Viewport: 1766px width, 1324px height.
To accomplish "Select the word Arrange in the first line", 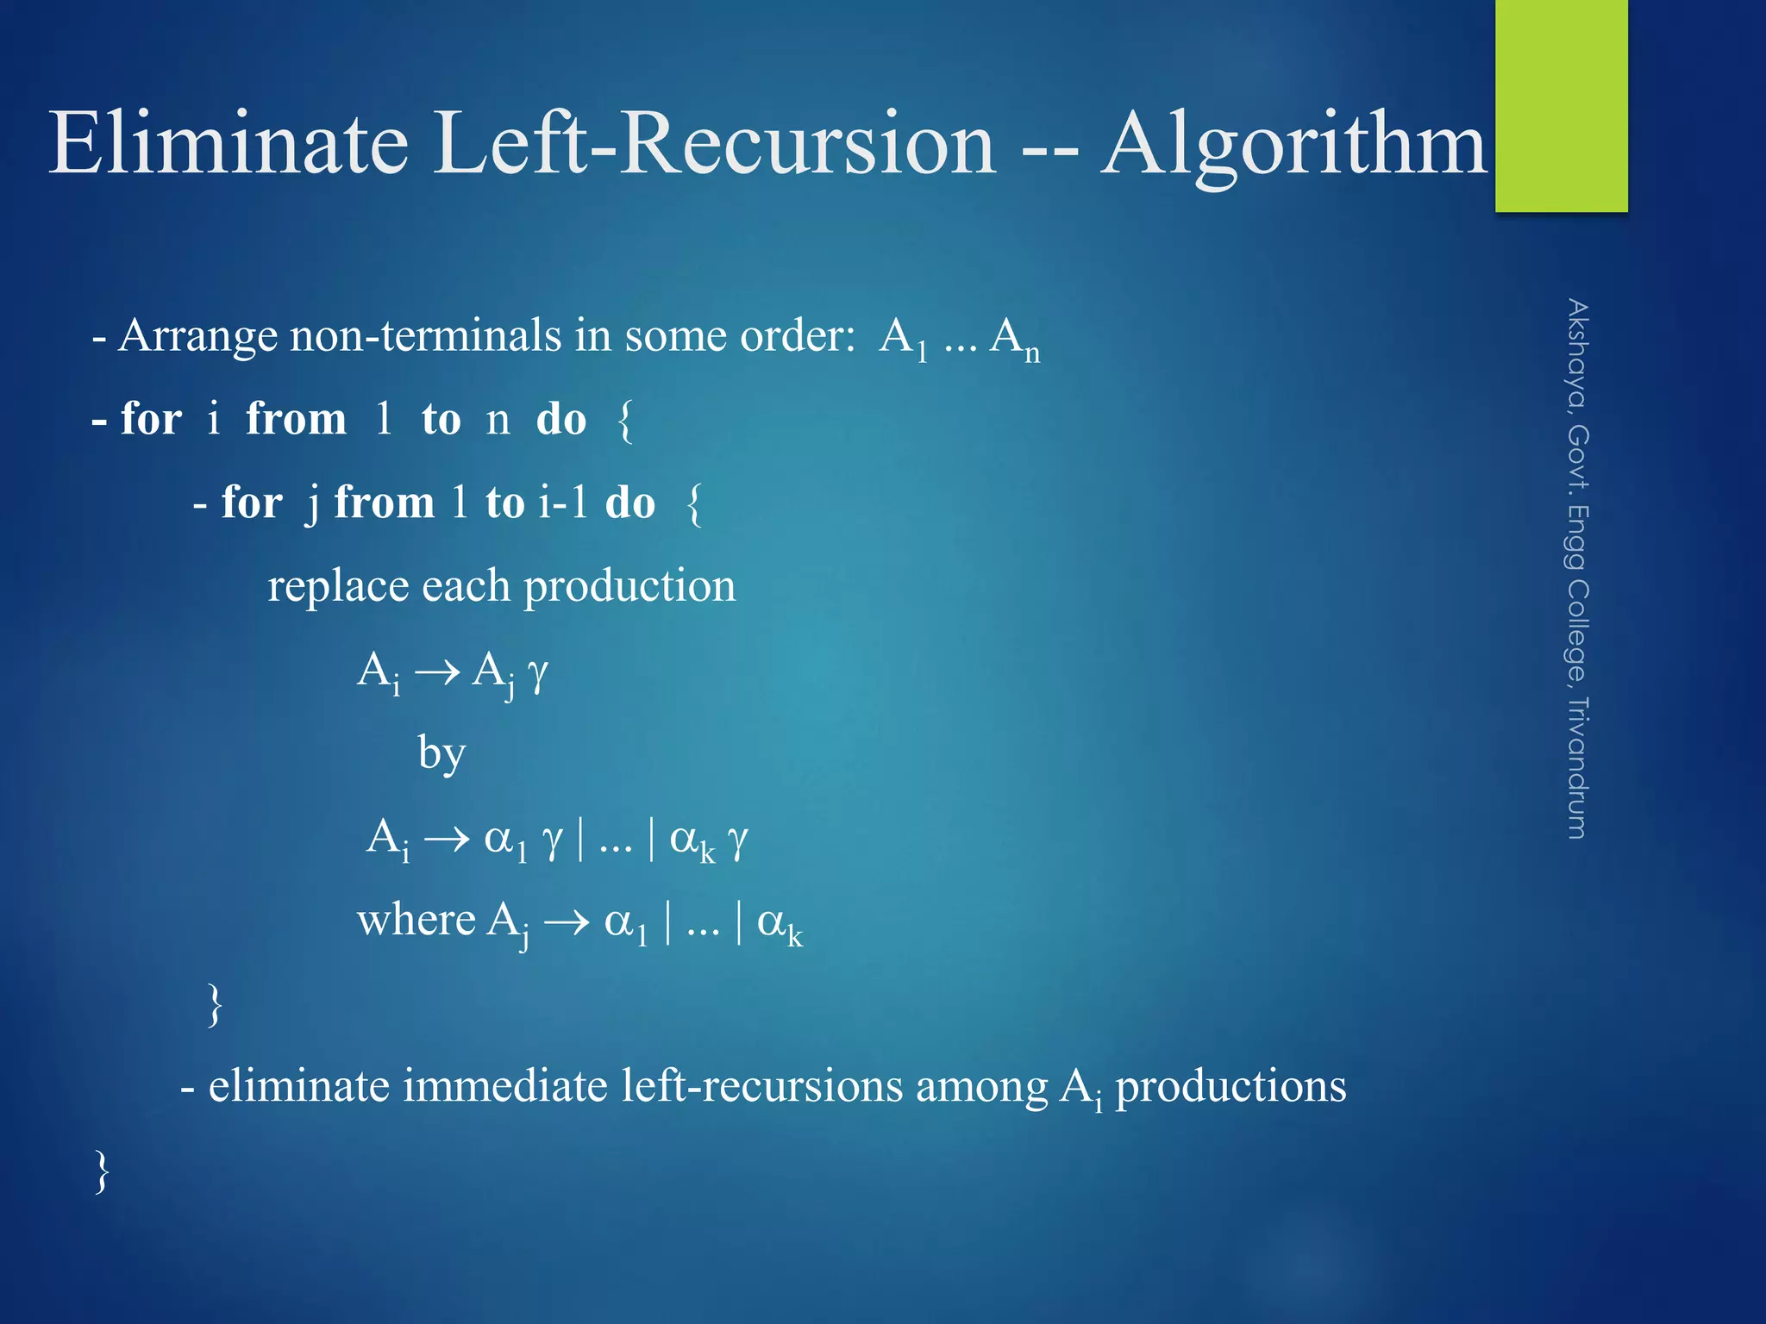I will point(197,336).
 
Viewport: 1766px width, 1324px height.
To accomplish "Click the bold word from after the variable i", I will point(296,420).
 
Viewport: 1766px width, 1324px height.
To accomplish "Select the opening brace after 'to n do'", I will point(626,421).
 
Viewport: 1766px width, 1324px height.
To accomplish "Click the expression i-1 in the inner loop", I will point(563,503).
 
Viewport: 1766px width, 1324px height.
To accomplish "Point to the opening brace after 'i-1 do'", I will point(694,503).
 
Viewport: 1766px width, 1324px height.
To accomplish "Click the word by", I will point(441,753).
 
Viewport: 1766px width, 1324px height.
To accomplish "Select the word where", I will point(416,921).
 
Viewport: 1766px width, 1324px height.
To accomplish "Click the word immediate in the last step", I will point(505,1086).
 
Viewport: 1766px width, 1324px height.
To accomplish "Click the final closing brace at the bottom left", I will point(103,1171).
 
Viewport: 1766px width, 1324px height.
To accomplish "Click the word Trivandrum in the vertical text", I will point(1577,767).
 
